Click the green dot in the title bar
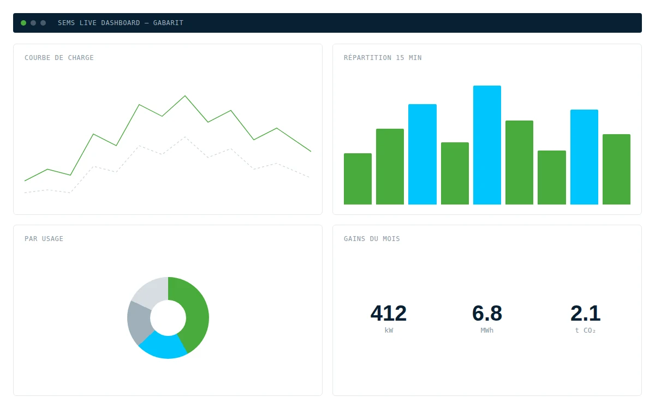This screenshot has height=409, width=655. point(23,23)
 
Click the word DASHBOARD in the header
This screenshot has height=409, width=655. point(121,23)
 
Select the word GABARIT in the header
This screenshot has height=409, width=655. point(168,23)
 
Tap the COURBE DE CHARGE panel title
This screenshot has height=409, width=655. point(59,58)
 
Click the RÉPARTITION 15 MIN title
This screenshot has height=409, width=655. point(383,58)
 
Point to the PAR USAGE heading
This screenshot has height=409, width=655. point(44,239)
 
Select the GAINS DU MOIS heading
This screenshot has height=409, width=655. point(372,239)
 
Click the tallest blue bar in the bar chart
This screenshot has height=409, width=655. point(487,145)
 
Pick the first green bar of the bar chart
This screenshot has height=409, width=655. point(358,179)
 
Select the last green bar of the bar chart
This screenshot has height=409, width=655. point(616,170)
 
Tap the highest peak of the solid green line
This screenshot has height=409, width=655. point(185,96)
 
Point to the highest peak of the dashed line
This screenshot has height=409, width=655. point(185,137)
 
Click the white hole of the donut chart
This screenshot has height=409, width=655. point(168,318)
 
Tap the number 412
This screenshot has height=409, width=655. point(388,313)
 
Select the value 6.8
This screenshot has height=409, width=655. point(487,313)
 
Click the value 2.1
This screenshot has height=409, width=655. point(585,313)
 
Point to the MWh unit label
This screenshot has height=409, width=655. point(487,330)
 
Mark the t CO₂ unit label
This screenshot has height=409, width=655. point(585,330)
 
